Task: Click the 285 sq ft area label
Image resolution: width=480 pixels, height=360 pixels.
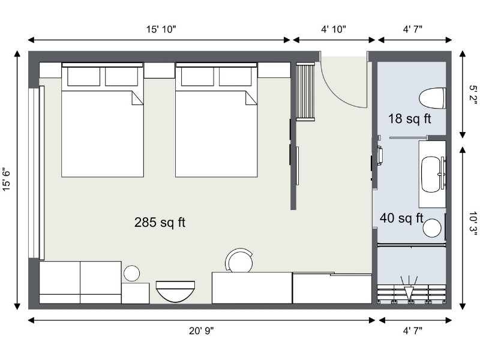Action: [x=160, y=222]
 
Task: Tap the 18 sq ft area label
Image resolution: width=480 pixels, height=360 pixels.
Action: [x=410, y=119]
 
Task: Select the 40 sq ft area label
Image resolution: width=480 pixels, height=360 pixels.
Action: [x=401, y=218]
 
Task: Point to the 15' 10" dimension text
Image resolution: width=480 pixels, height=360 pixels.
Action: [x=161, y=29]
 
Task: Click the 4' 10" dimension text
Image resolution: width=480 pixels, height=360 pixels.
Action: [x=334, y=29]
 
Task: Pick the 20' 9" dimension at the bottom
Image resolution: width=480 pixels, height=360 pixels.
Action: [x=201, y=331]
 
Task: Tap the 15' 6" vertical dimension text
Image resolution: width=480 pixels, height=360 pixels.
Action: [x=7, y=179]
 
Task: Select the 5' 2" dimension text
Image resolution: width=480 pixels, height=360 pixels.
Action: [x=473, y=95]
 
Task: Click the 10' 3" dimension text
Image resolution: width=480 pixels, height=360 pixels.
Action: [x=473, y=223]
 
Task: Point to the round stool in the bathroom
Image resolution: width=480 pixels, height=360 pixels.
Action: [x=432, y=228]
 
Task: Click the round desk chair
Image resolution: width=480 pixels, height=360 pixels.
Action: [x=239, y=260]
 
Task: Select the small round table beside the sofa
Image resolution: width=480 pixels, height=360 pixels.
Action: [x=131, y=273]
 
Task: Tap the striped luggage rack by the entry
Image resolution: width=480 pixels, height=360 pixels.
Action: [x=305, y=92]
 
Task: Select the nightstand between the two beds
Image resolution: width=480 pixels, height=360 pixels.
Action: [x=159, y=70]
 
